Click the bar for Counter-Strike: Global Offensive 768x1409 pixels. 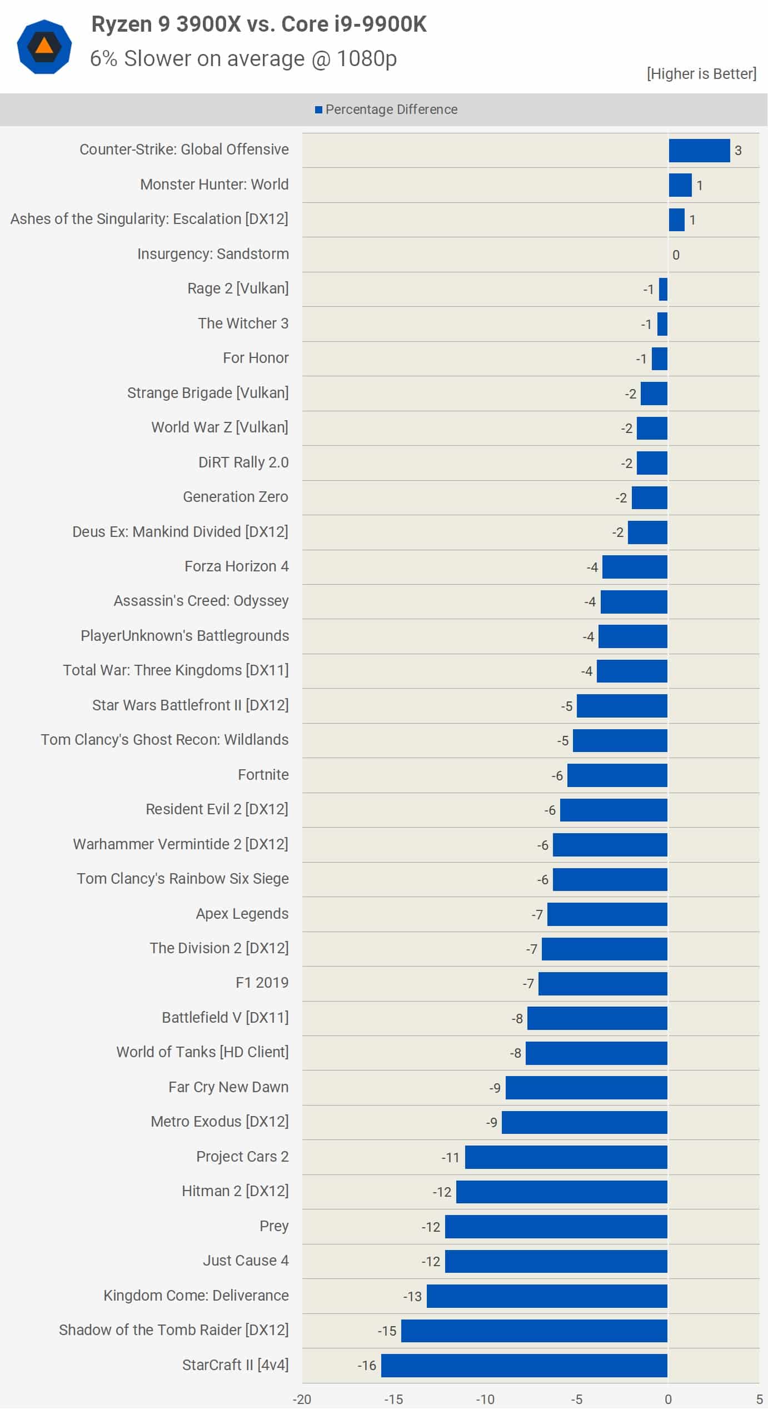tap(699, 150)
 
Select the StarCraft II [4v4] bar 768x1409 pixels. tap(524, 1365)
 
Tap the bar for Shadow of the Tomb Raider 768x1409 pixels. tap(534, 1331)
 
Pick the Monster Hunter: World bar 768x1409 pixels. tap(680, 185)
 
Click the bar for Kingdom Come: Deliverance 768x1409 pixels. tap(547, 1296)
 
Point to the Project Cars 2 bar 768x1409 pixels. tap(566, 1157)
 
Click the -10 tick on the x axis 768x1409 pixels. tap(485, 1399)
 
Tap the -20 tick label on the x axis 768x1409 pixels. tap(302, 1399)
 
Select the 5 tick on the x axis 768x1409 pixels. tap(759, 1399)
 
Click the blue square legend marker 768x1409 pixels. tap(318, 109)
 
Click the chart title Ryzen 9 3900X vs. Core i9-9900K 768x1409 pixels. tap(259, 24)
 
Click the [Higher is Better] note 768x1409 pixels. tap(701, 73)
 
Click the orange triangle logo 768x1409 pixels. tap(44, 46)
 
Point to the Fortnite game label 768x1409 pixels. tap(263, 774)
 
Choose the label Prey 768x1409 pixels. tap(274, 1226)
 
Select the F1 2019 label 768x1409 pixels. tap(262, 982)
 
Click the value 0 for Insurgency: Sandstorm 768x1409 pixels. tap(676, 255)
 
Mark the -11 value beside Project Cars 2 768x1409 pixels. tap(450, 1157)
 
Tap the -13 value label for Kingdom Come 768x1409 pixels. tap(412, 1296)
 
